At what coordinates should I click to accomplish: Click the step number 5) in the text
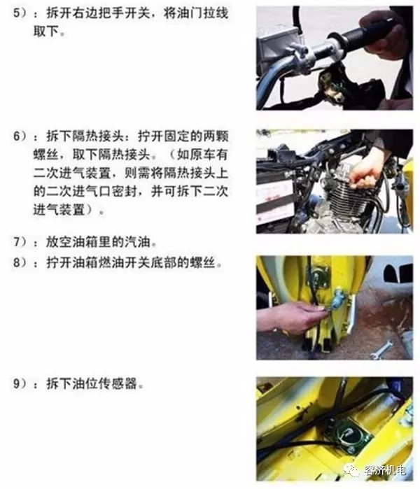[20, 13]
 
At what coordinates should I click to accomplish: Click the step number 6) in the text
[20, 136]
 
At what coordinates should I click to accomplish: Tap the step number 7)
[20, 242]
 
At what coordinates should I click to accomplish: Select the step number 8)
[20, 262]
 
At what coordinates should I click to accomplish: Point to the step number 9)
[20, 383]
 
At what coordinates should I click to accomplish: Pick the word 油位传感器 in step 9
[104, 383]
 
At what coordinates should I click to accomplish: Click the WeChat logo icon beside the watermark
[352, 469]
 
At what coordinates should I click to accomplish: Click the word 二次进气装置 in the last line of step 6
[59, 210]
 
